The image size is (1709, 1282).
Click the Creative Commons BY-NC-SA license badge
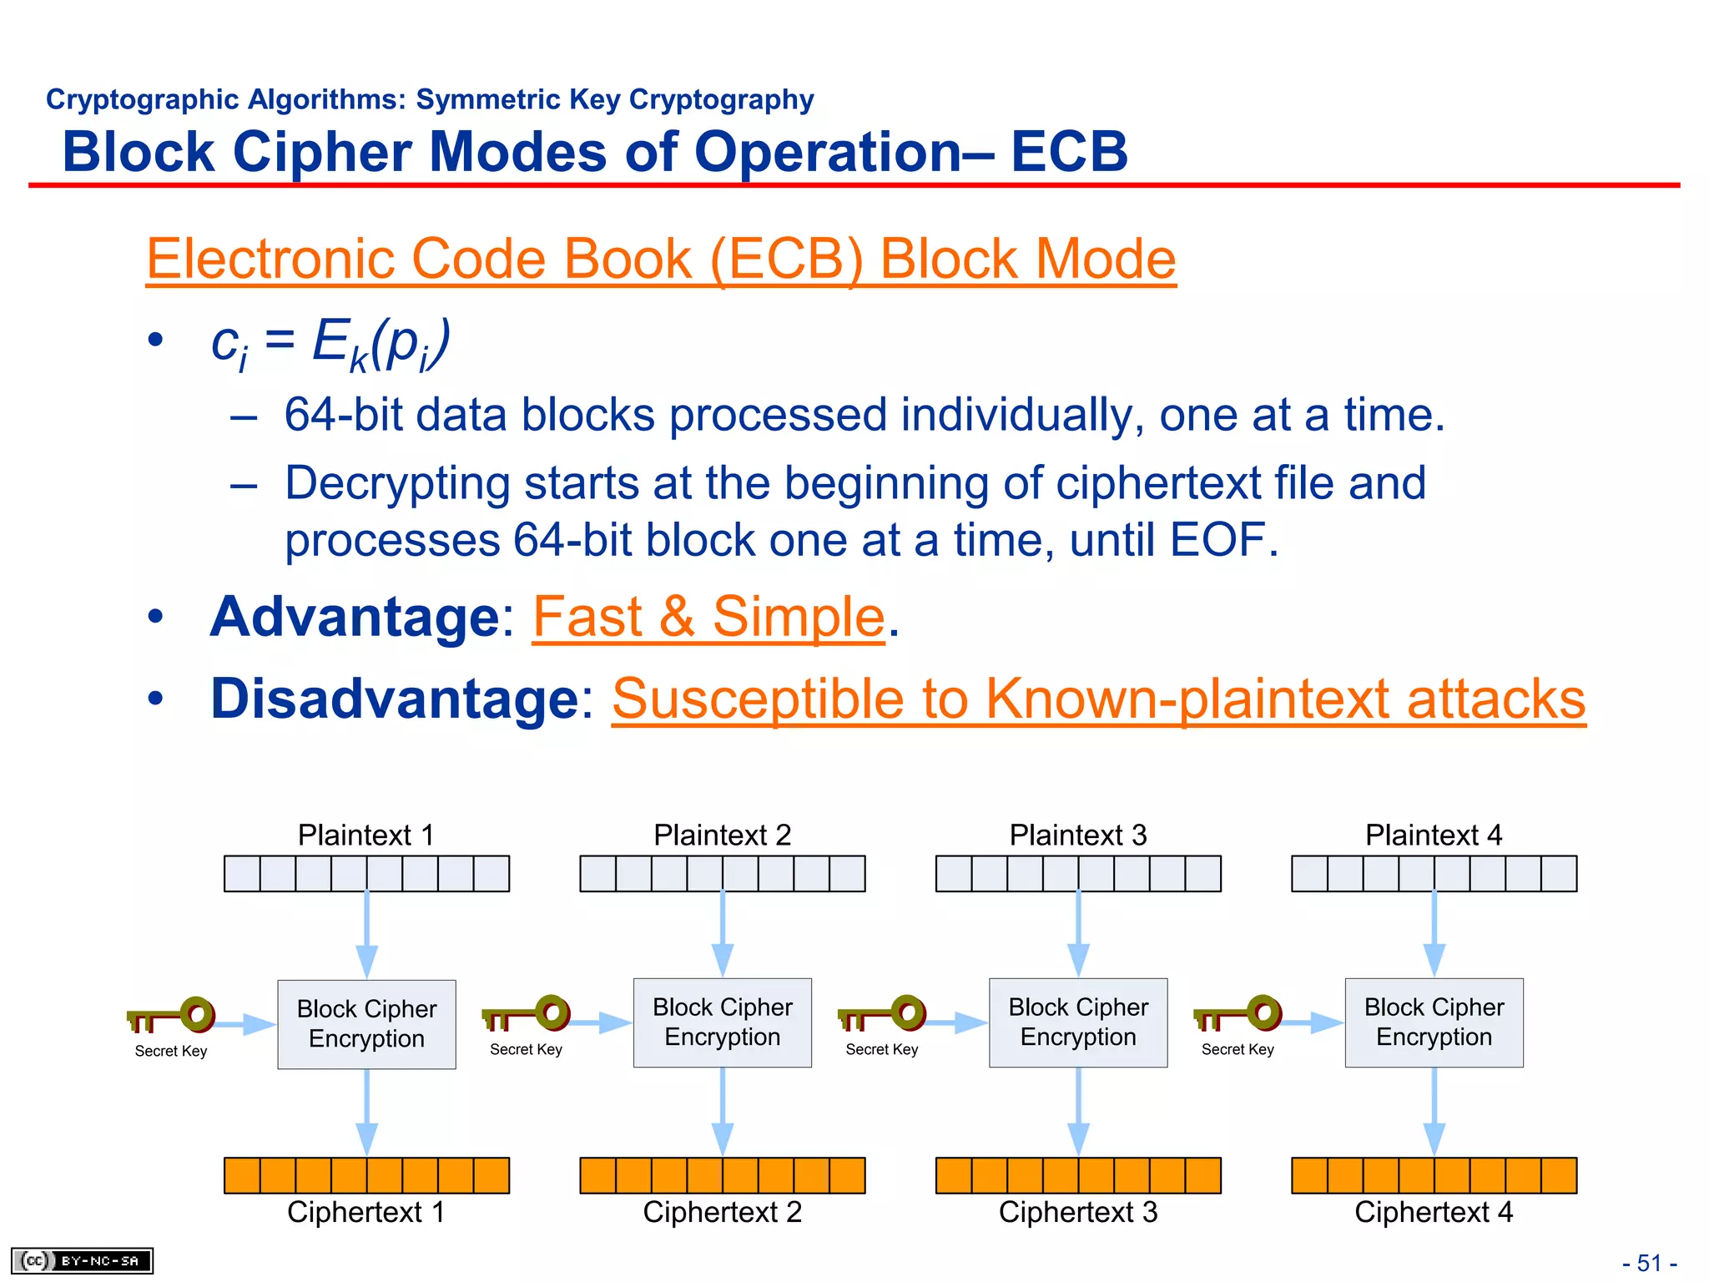tap(82, 1260)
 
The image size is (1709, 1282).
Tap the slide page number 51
tap(1649, 1263)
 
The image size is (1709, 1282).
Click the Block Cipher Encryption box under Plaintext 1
tap(366, 1024)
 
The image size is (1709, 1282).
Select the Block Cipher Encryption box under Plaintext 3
tap(1078, 1022)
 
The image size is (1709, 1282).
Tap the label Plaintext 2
tap(722, 835)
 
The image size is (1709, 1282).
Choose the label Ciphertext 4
tap(1434, 1212)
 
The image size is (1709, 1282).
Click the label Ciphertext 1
tap(365, 1212)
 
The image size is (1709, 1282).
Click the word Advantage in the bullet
tap(355, 617)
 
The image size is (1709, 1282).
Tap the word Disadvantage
tap(395, 699)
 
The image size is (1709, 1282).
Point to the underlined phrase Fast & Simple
tap(708, 617)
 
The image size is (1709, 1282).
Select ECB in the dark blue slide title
tap(1069, 152)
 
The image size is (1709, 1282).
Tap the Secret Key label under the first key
tap(171, 1051)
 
